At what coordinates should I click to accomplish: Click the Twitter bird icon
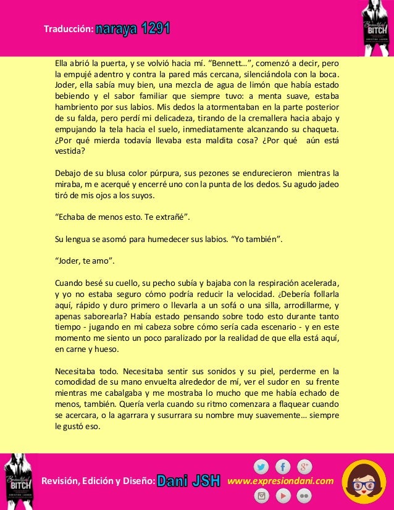click(261, 467)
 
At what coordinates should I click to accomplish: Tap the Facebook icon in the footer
click(283, 467)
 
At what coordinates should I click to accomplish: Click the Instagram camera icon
click(261, 495)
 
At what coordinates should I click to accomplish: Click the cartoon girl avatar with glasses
click(364, 482)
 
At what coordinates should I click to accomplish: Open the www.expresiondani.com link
click(280, 481)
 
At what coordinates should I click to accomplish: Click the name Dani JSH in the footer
click(189, 481)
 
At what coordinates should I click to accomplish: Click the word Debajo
click(68, 172)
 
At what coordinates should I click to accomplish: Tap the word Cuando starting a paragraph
click(69, 283)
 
